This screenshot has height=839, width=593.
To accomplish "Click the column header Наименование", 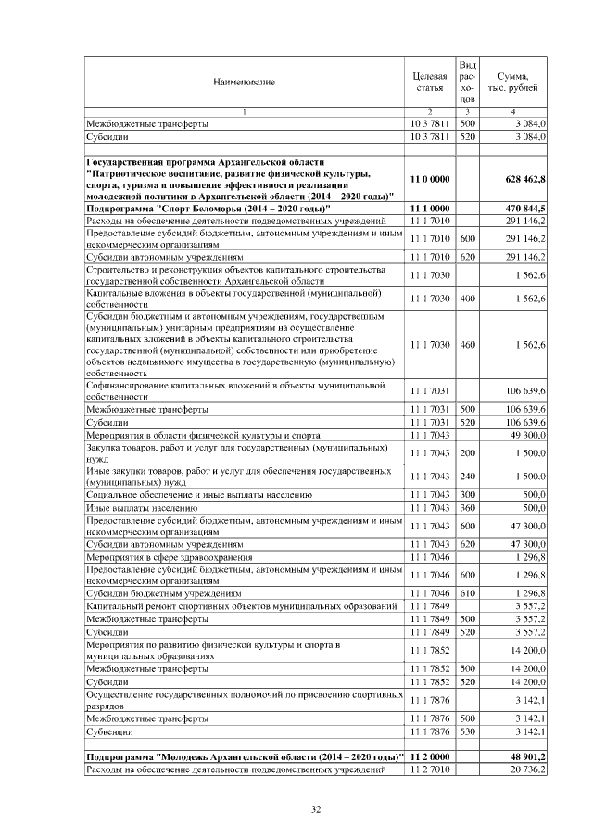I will (x=244, y=83).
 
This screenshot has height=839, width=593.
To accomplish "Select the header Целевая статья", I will (x=429, y=82).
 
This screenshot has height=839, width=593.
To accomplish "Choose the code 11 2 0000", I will (x=429, y=758).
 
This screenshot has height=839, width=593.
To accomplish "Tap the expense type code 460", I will (x=467, y=345).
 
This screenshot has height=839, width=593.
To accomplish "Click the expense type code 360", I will (x=467, y=508).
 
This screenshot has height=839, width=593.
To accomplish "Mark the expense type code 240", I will (x=467, y=476).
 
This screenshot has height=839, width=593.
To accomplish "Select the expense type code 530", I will (x=467, y=732).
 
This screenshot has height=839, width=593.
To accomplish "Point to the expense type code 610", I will (x=467, y=591).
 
